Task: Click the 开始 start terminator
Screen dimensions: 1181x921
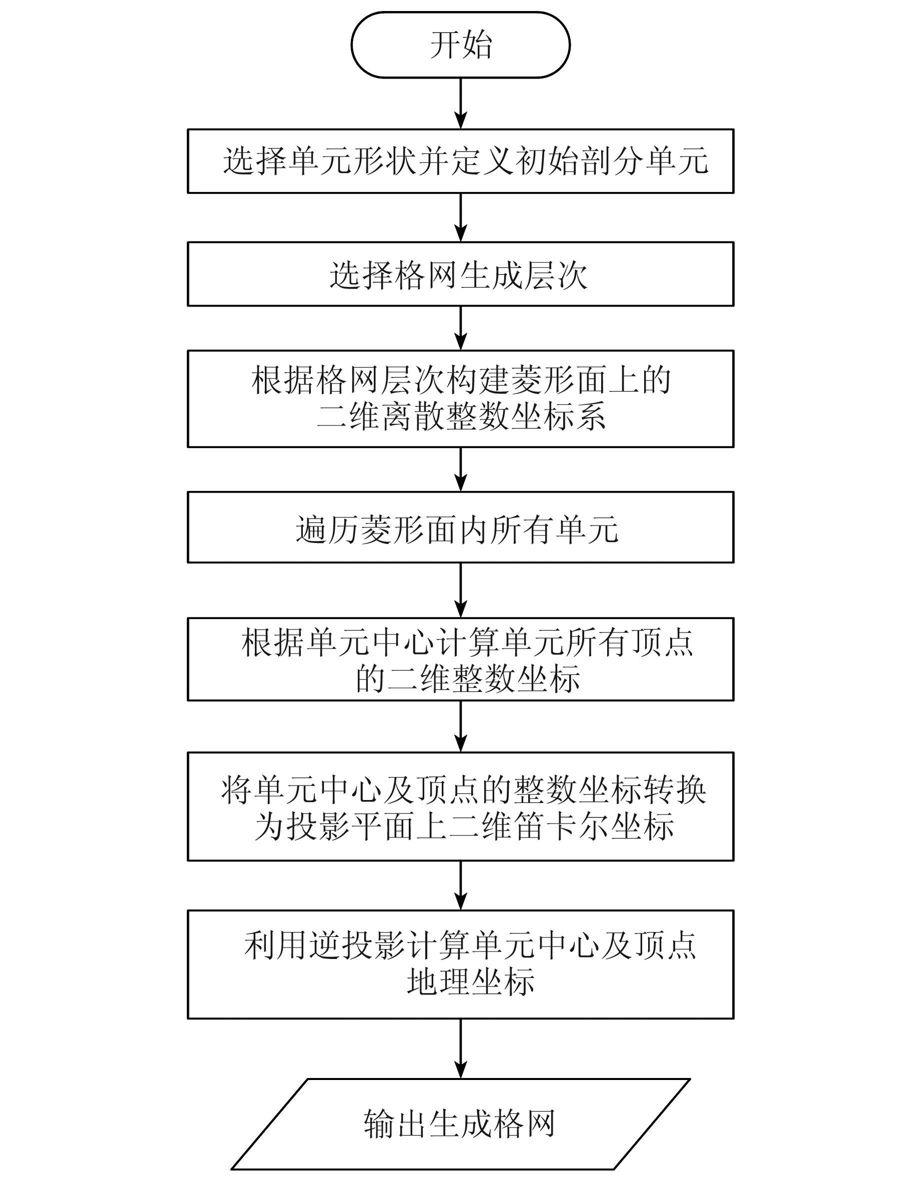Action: pos(461,45)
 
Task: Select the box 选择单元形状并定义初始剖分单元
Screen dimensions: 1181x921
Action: pos(461,161)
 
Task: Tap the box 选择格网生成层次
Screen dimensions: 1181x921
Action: pos(461,274)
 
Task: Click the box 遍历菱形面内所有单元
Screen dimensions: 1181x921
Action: pos(461,527)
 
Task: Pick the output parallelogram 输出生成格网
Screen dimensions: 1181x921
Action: pos(461,1123)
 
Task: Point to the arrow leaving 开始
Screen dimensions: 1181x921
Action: pos(461,102)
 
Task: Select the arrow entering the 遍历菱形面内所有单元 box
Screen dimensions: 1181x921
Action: pos(461,469)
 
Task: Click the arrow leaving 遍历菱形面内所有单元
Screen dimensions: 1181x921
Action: pos(461,590)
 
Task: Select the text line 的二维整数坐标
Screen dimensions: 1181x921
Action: pos(468,678)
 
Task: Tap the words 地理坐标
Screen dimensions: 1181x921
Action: pos(471,981)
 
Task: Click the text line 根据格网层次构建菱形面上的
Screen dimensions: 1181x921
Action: pos(461,379)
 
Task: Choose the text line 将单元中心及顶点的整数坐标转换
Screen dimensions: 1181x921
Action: pos(464,790)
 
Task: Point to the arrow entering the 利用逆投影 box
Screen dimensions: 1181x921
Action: pos(461,885)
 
